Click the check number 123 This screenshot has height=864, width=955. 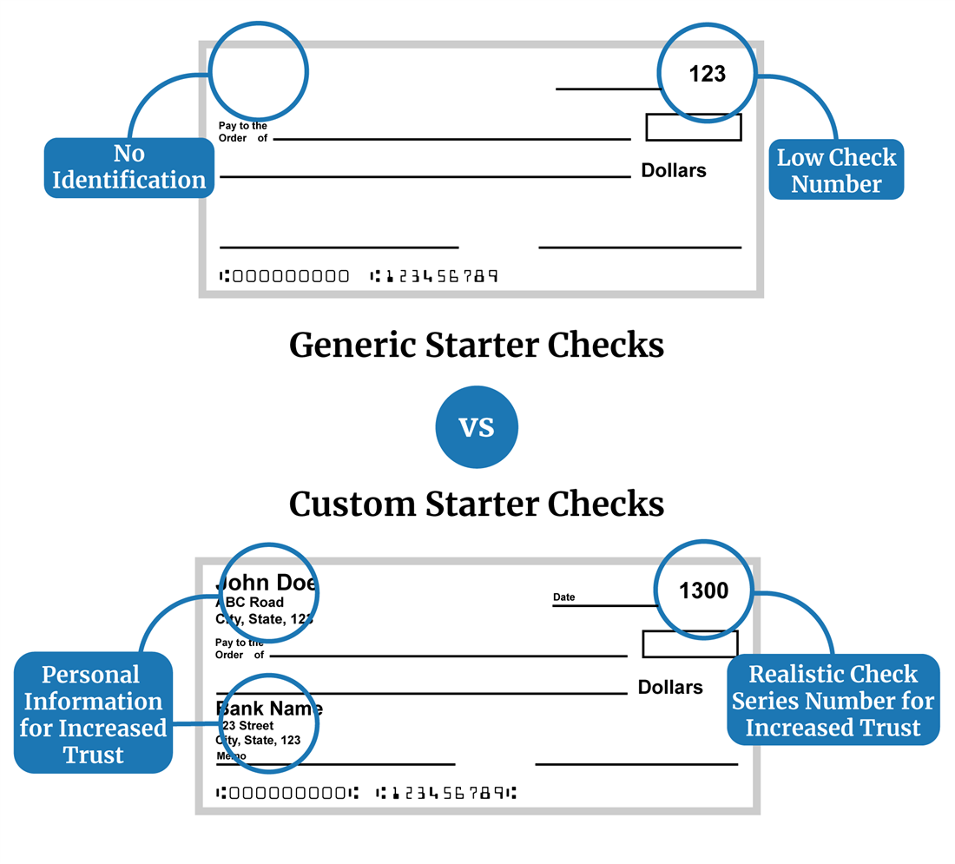(x=707, y=75)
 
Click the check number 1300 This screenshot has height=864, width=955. (x=703, y=591)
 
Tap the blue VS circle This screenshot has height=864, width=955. (x=477, y=427)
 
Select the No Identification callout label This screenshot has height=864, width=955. (x=129, y=168)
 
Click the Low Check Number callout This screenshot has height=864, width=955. (x=836, y=170)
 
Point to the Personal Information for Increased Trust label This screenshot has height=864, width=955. (x=93, y=714)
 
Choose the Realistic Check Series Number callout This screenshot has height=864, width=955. (x=833, y=701)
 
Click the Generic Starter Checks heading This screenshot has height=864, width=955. (x=477, y=346)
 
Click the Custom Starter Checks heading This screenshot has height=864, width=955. (x=477, y=504)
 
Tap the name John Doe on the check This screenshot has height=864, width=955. (x=266, y=583)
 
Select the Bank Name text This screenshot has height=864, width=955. (x=269, y=709)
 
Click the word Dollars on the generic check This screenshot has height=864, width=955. (x=674, y=171)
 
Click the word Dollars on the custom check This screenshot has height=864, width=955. (x=670, y=688)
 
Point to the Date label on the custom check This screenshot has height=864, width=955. (x=564, y=597)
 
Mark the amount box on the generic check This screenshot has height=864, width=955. (x=694, y=128)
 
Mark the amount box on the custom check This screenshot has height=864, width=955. (x=690, y=644)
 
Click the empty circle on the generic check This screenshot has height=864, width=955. (x=259, y=72)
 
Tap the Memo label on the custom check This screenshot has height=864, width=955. (x=231, y=756)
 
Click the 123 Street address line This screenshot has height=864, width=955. (x=247, y=726)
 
